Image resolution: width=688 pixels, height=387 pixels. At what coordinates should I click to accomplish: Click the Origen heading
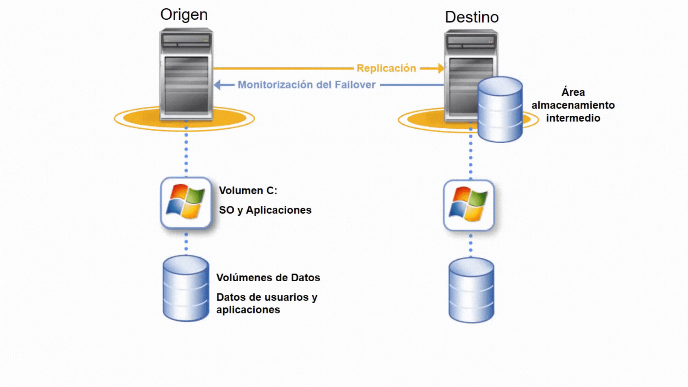click(x=184, y=15)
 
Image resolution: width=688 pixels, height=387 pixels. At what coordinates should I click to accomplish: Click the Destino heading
click(x=472, y=17)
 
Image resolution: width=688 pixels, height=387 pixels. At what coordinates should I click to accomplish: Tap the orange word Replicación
click(x=386, y=68)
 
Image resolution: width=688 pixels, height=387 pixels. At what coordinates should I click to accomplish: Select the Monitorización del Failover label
click(x=306, y=85)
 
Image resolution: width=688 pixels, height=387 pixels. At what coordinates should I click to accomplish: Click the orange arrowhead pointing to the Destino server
click(x=441, y=68)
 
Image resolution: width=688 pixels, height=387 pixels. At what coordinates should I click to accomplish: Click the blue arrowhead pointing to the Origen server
click(x=218, y=85)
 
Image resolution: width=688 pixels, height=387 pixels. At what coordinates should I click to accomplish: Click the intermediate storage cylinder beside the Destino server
click(x=500, y=109)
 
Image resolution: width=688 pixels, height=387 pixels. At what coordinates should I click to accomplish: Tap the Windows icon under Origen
click(x=186, y=202)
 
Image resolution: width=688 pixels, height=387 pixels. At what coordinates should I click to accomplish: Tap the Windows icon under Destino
click(x=469, y=205)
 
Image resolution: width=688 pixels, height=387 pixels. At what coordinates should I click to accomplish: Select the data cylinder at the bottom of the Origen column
click(x=186, y=288)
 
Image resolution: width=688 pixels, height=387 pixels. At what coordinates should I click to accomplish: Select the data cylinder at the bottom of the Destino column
click(x=471, y=290)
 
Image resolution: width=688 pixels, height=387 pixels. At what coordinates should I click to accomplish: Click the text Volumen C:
click(x=248, y=191)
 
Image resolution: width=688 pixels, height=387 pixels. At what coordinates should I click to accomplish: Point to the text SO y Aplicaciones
click(x=265, y=210)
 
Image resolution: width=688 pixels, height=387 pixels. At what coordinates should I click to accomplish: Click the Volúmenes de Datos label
click(x=268, y=278)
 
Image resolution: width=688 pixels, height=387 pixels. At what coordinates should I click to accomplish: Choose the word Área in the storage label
click(x=573, y=92)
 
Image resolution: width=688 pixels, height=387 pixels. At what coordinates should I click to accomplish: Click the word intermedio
click(x=573, y=118)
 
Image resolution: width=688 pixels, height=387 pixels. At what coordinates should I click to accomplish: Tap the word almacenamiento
click(x=573, y=105)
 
